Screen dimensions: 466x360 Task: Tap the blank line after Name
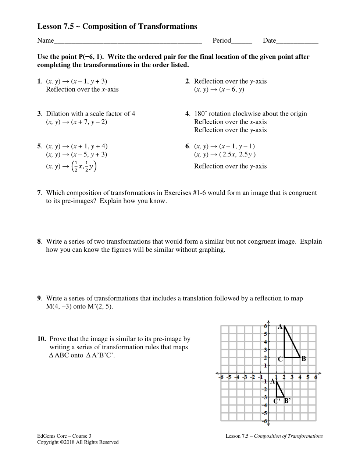point(128,41)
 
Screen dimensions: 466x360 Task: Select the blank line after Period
point(242,41)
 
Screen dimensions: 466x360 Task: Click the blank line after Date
point(297,41)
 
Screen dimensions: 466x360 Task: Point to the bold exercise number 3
point(39,114)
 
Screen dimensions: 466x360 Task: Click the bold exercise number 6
point(187,146)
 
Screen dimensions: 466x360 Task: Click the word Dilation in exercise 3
point(58,114)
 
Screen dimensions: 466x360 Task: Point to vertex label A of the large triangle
point(280,326)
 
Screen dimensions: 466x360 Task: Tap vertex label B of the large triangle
point(303,359)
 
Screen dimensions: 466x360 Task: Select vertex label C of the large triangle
point(280,359)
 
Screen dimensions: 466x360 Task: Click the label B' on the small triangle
point(287,400)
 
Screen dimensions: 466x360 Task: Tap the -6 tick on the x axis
point(221,377)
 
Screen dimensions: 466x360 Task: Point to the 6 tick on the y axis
point(265,326)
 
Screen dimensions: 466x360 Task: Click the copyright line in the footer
point(78,442)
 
